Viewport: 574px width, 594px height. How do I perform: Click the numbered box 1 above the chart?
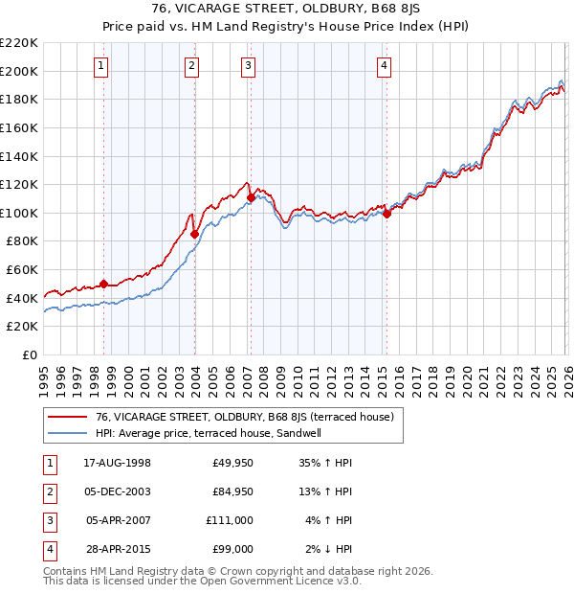[x=101, y=66]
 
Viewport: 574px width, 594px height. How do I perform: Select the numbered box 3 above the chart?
[x=248, y=66]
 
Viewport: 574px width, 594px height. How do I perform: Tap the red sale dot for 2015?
[x=387, y=214]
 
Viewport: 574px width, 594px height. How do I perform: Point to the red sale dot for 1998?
[x=104, y=285]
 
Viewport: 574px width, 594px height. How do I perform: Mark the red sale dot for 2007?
[x=251, y=197]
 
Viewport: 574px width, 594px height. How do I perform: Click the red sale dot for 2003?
[x=194, y=234]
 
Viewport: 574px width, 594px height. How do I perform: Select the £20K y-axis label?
[x=22, y=327]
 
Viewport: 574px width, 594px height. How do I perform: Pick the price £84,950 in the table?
[x=232, y=491]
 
